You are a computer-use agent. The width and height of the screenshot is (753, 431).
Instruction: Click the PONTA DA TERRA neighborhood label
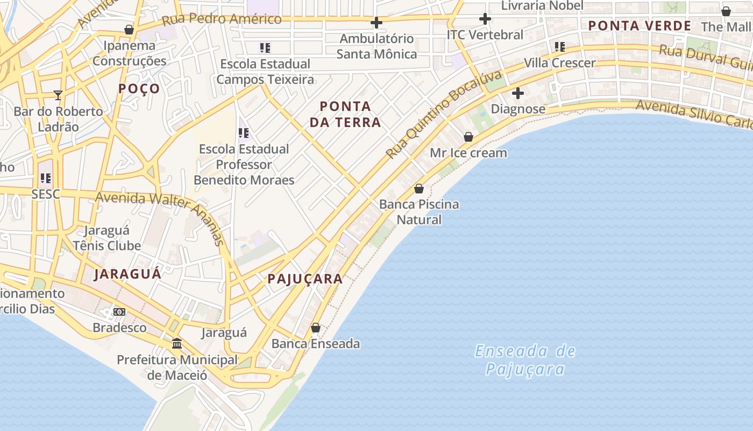pos(345,114)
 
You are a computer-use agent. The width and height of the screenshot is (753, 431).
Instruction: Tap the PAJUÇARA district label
pos(305,279)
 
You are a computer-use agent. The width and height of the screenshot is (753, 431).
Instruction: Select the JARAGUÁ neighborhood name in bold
pos(127,274)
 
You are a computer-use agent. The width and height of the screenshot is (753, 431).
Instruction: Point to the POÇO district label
pos(139,88)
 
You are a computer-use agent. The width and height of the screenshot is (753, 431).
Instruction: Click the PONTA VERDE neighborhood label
pos(640,25)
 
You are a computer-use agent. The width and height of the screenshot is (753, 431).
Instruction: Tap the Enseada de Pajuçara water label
pos(525,360)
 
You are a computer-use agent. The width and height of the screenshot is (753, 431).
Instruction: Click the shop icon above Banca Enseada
pos(316,328)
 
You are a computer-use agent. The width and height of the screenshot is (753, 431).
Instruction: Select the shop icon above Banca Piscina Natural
pos(419,189)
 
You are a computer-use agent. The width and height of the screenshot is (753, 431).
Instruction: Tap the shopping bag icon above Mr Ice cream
pos(468,137)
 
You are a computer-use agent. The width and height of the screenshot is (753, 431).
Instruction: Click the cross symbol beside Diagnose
pos(517,93)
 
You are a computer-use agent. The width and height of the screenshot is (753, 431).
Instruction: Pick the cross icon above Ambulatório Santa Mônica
pos(376,23)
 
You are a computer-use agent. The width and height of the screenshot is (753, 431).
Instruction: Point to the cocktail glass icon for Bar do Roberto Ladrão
pos(58,95)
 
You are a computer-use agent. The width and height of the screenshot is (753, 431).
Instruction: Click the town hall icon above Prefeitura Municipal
pos(176,343)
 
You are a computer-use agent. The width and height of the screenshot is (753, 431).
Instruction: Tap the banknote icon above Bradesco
pos(119,311)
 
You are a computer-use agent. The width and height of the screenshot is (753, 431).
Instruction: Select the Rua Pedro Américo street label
pos(222,19)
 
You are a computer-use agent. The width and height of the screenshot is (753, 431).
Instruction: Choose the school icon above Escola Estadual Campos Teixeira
pos(265,47)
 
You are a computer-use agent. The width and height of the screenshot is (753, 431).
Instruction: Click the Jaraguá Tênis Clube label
pos(107,238)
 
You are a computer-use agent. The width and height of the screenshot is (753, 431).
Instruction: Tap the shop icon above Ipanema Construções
pos(129,30)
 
